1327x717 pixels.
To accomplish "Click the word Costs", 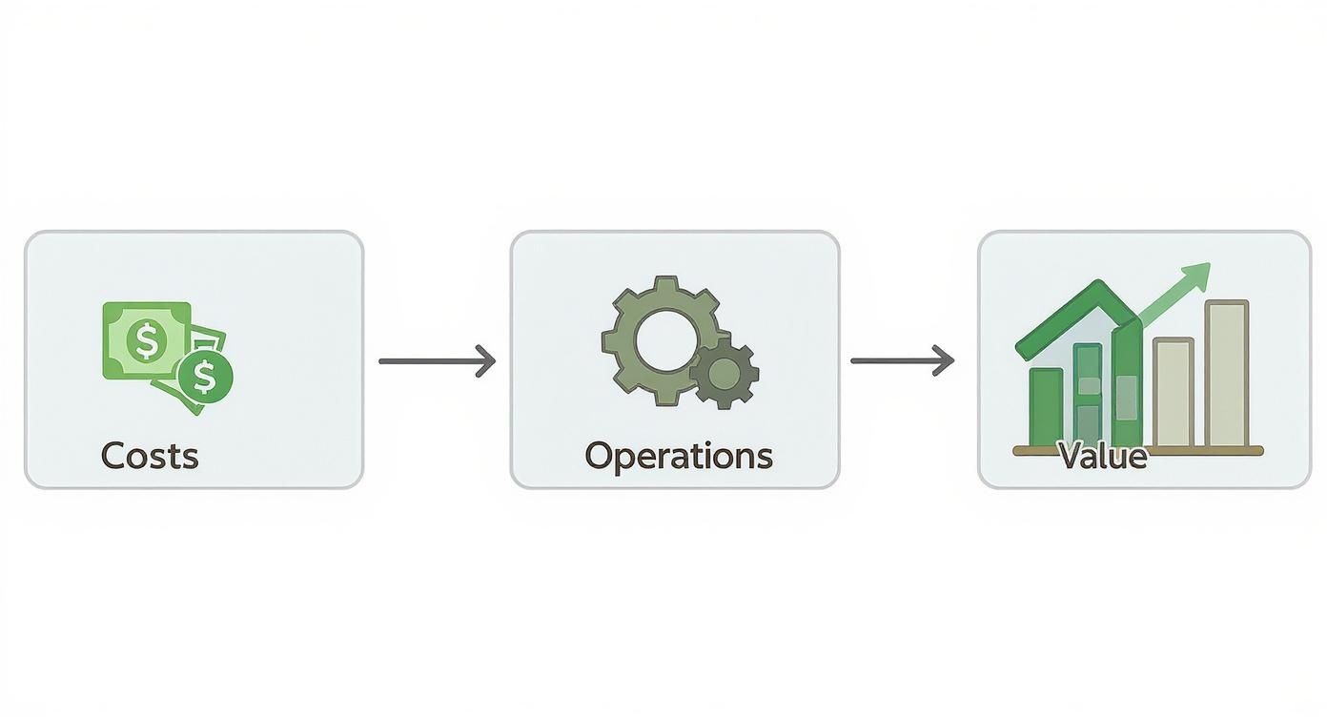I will pos(150,456).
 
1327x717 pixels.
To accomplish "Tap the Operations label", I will pos(678,456).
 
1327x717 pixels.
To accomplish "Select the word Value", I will pos(1103,456).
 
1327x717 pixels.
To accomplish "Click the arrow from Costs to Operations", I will pos(437,361).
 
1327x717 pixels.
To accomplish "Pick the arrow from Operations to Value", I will pos(901,360).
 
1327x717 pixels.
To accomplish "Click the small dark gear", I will pos(725,372).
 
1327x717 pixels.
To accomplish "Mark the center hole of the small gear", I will pos(725,373).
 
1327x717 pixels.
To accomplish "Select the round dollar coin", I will pos(205,377).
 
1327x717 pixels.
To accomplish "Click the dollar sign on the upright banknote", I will pos(147,339).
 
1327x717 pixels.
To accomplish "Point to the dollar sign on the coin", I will pos(205,377).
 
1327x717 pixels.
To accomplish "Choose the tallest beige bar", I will pos(1227,374).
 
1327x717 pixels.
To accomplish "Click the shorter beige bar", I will pos(1173,393).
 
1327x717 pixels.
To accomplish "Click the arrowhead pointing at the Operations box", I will pos(488,361).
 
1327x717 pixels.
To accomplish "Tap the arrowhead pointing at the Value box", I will pos(946,360).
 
